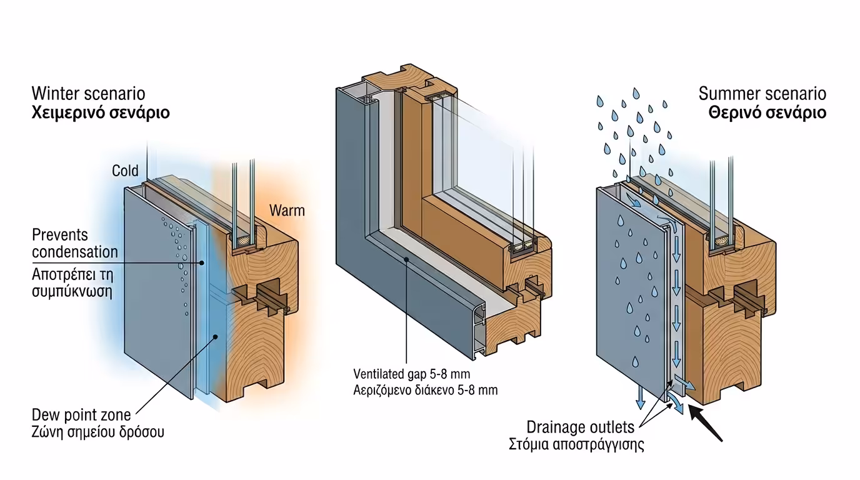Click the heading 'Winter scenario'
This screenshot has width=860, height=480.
[88, 94]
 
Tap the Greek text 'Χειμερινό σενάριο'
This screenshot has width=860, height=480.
[101, 113]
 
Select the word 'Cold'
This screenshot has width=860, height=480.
[125, 171]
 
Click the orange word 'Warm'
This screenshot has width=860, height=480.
[287, 210]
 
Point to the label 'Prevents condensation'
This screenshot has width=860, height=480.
[74, 244]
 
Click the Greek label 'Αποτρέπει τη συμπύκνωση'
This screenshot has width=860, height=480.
[72, 282]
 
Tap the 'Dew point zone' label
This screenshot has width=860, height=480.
[81, 414]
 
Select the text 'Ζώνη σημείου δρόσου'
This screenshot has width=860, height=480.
[98, 431]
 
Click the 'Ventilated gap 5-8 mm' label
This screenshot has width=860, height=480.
[411, 374]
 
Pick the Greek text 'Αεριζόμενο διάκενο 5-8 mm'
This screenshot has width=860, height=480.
[425, 390]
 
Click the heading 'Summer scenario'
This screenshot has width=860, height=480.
[762, 94]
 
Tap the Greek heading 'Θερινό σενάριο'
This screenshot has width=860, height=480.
[767, 113]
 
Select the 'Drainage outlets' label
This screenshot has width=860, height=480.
[580, 427]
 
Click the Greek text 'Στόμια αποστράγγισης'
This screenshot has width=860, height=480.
[576, 445]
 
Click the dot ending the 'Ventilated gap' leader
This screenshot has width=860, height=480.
[406, 257]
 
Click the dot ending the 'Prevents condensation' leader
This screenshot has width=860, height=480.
[202, 262]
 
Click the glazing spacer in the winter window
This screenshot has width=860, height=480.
[242, 239]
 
